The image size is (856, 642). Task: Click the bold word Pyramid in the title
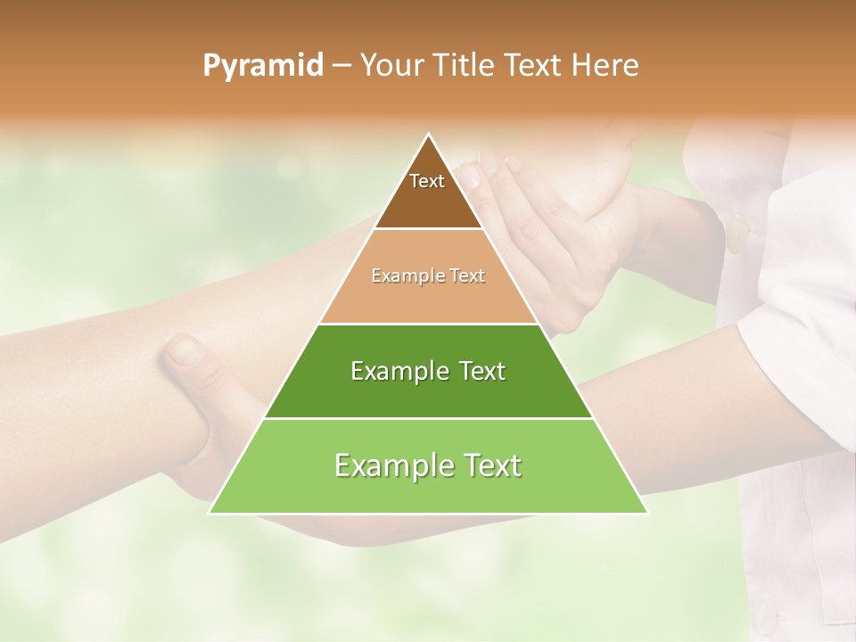click(x=263, y=66)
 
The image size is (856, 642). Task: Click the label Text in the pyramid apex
click(x=427, y=181)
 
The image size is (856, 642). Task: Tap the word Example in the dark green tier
click(x=391, y=371)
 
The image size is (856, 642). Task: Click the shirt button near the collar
click(x=737, y=234)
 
